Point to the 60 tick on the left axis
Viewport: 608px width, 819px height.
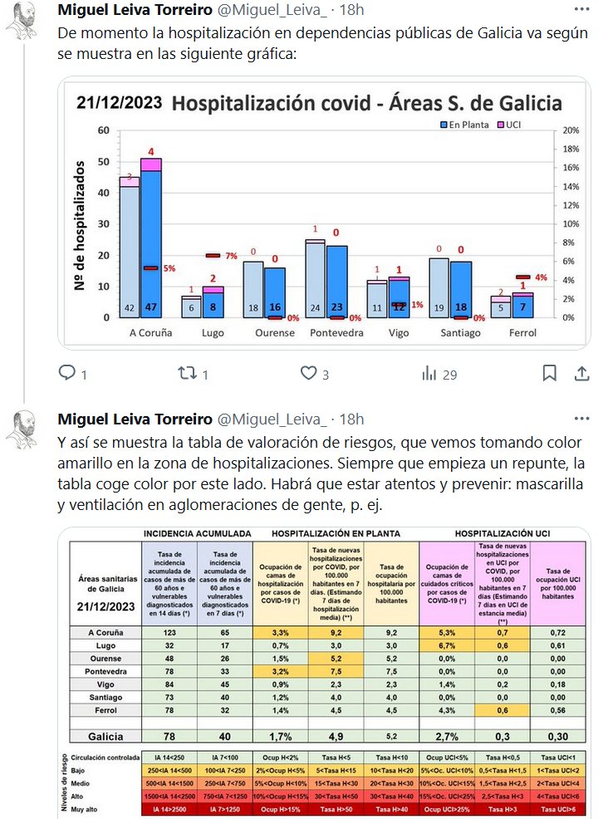[104, 130]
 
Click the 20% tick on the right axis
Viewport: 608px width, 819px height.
[571, 130]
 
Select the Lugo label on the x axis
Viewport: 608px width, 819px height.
[213, 332]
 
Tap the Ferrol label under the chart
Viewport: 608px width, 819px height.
[522, 332]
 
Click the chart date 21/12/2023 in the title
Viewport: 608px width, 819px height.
[116, 103]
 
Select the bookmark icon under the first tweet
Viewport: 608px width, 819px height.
[549, 374]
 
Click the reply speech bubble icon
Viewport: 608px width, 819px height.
[68, 374]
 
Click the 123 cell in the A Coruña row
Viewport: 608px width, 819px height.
[169, 632]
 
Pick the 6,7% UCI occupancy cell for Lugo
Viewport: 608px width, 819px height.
[446, 645]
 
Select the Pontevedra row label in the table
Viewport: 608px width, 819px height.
[105, 672]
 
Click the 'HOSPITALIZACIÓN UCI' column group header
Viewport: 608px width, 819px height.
[505, 534]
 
